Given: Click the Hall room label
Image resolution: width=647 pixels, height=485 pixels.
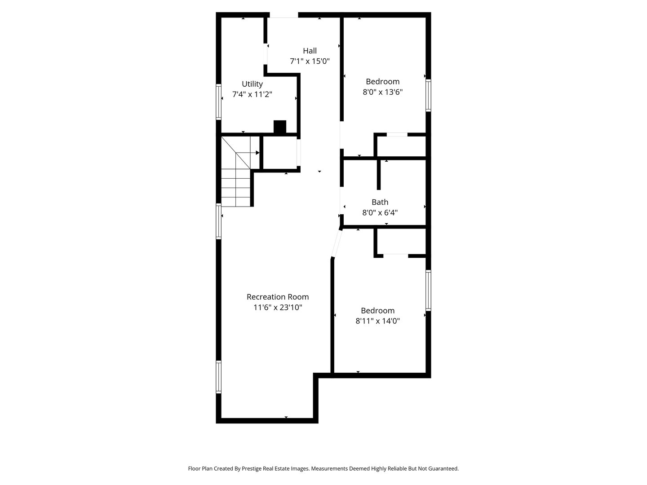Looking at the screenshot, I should click(310, 51).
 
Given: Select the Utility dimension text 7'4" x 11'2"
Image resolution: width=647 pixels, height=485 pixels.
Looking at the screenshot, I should click(252, 94).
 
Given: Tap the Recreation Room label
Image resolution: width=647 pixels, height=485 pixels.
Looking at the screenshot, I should click(278, 297).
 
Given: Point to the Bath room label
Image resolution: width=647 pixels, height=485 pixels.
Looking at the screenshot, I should click(380, 202).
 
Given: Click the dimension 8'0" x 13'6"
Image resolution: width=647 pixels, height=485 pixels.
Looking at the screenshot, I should click(382, 92).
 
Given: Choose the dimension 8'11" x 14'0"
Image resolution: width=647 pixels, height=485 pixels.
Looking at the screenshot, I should click(377, 321).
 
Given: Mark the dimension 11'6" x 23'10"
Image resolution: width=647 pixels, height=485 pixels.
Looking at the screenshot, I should click(278, 308).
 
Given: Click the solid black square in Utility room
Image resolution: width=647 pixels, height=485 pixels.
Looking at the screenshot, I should click(280, 127).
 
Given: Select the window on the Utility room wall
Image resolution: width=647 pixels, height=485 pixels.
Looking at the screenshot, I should click(219, 101).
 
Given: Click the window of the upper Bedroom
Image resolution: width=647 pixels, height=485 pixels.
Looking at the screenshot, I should click(428, 95).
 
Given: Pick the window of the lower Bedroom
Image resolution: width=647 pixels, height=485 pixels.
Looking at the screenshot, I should click(428, 290).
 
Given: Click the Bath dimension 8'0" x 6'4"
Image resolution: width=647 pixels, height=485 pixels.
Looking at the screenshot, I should click(380, 213).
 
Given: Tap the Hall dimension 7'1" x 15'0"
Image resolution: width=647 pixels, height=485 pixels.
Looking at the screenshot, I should click(310, 62).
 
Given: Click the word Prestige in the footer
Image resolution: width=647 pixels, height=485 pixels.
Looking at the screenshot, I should click(253, 468).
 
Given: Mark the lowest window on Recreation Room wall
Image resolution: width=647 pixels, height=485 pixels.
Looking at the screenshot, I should click(219, 377).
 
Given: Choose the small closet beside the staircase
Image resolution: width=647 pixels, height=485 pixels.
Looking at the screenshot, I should click(279, 153).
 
